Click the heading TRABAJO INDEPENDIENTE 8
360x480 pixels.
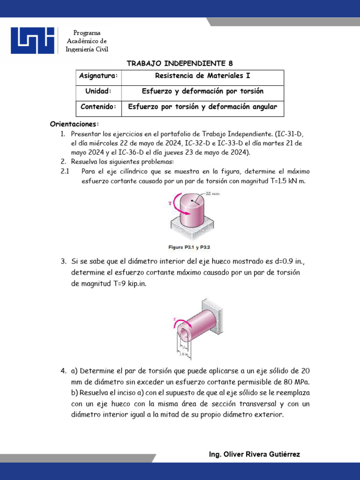[x=180, y=63]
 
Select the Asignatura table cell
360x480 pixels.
[x=98, y=76]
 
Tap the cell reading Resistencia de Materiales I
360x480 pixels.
[x=205, y=76]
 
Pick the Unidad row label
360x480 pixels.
[x=98, y=91]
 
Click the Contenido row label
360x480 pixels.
[x=98, y=107]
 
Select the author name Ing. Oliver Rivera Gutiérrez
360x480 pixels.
[x=254, y=454]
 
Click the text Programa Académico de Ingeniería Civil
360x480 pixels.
[x=87, y=41]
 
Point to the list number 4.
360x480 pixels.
[x=63, y=371]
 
